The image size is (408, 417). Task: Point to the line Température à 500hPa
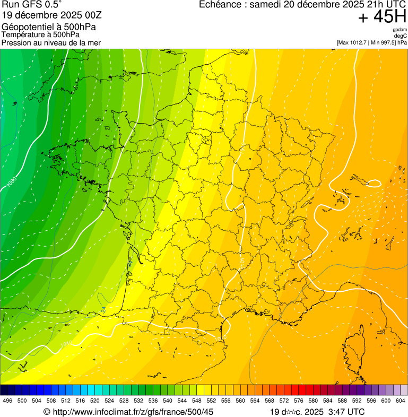tap(41, 34)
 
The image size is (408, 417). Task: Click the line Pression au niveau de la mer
tap(51, 42)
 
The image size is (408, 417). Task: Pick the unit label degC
tap(400, 36)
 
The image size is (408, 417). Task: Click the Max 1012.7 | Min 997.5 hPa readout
tap(371, 42)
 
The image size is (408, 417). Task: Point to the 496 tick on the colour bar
tap(7, 401)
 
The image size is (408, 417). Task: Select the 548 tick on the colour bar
tap(196, 401)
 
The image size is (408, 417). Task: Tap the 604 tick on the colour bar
tap(400, 401)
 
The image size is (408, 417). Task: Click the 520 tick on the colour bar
tap(94, 401)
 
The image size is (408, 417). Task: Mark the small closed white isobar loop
tap(373, 184)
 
